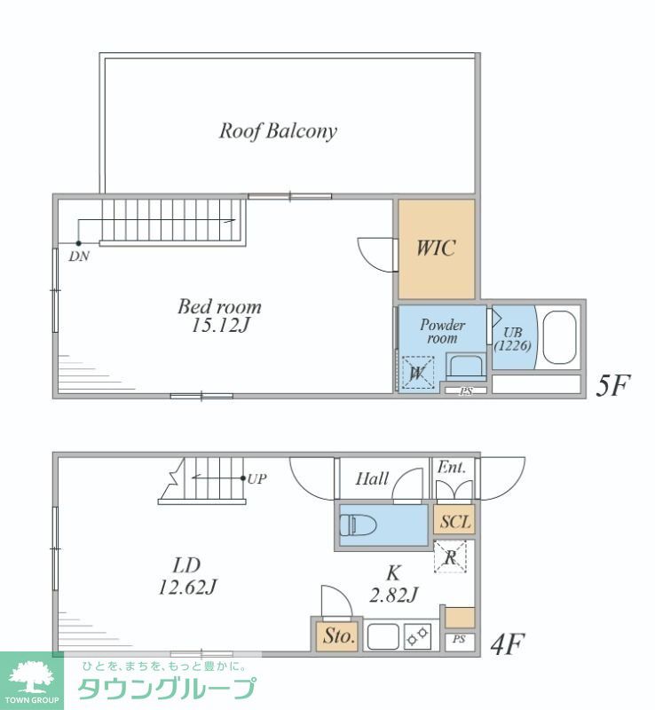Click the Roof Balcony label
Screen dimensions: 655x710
(x=278, y=131)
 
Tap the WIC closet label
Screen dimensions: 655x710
(x=436, y=248)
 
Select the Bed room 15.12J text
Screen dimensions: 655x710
(x=220, y=316)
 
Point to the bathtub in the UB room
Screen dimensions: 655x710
(x=559, y=337)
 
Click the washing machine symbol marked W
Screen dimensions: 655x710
(x=418, y=373)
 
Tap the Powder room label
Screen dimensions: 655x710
(x=442, y=331)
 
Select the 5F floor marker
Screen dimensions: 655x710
(x=612, y=385)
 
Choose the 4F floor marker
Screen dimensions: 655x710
(x=508, y=644)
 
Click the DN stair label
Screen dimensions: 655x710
(x=79, y=256)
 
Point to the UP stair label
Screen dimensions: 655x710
(x=256, y=478)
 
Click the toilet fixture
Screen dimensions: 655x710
(x=358, y=525)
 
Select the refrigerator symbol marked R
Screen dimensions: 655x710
(x=450, y=557)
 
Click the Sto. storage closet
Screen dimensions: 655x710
(x=338, y=636)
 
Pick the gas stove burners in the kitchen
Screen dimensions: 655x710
(x=417, y=636)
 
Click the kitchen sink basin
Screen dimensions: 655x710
(x=383, y=636)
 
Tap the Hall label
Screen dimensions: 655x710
(x=372, y=478)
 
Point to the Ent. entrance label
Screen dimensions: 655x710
(x=451, y=468)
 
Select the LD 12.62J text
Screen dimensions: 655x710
(x=187, y=576)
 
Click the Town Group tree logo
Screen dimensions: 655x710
(x=32, y=678)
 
